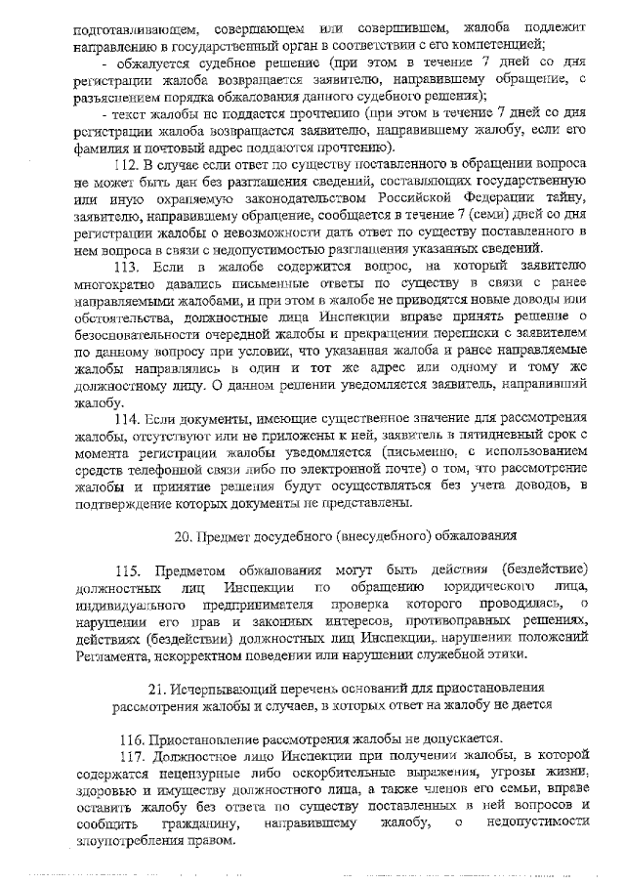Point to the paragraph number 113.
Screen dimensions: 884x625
130,267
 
